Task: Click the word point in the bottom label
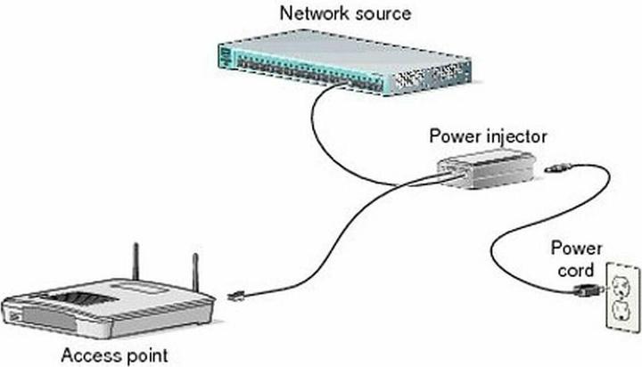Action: point(145,355)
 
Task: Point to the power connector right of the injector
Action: point(558,167)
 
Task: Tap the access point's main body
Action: point(107,312)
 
